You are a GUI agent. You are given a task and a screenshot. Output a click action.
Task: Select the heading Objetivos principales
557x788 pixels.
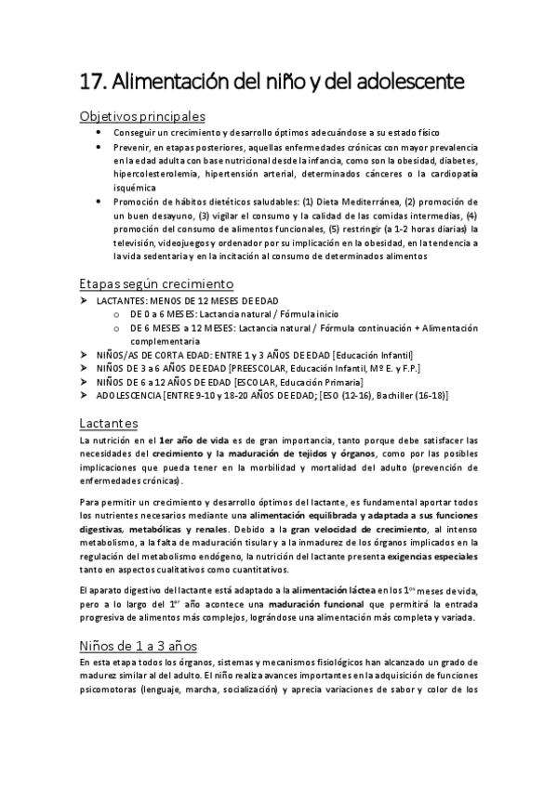[x=142, y=117]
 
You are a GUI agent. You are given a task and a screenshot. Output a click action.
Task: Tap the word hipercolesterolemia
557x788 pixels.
[x=154, y=173]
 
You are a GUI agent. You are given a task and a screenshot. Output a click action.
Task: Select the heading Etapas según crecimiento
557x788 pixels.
[x=156, y=282]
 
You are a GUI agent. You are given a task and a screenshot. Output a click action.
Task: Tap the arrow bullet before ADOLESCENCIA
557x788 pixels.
[x=85, y=395]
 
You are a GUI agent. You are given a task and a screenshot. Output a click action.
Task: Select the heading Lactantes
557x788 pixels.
[x=109, y=424]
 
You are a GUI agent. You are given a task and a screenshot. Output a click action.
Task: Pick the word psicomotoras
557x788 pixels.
[x=114, y=690]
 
